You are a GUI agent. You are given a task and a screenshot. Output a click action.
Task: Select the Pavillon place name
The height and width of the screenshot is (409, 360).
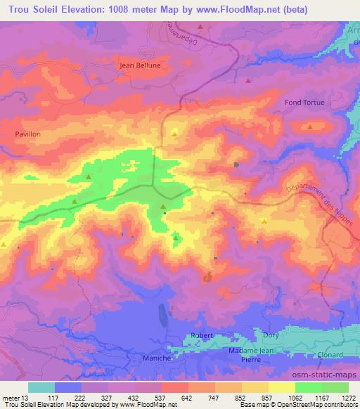29,132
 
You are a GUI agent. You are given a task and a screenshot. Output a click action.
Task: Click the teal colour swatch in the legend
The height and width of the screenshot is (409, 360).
41,387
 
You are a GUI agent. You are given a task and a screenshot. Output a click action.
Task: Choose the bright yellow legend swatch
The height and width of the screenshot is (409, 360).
282,387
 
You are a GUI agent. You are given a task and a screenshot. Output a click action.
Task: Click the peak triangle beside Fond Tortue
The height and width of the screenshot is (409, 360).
310,126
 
